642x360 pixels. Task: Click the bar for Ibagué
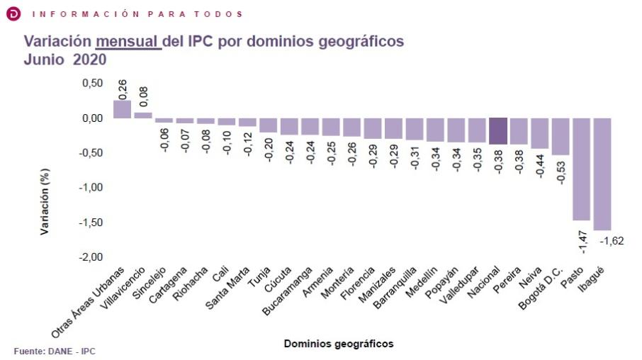point(602,174)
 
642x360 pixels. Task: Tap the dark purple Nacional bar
point(498,131)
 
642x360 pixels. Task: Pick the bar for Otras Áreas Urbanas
point(122,109)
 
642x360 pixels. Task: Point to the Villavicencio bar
point(143,115)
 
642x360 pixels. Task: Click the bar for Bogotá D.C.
point(561,136)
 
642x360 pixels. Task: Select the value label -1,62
point(613,242)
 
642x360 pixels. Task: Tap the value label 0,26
point(122,89)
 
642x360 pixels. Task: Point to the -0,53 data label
point(561,173)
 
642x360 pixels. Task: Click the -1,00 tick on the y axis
point(89,187)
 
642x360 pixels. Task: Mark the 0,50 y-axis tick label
point(91,83)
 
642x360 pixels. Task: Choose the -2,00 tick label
point(89,257)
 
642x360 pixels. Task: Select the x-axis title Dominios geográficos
point(339,344)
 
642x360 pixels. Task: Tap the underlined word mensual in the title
point(128,42)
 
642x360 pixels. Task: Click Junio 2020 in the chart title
point(65,60)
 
